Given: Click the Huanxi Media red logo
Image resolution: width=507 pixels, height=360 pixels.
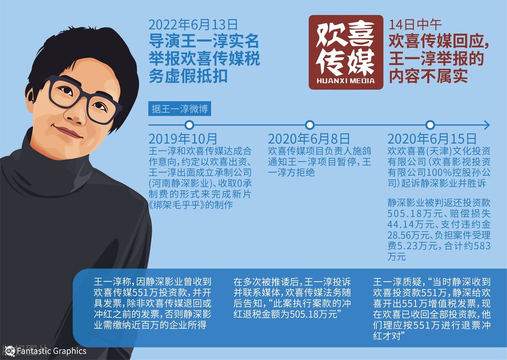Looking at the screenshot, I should (x=346, y=52).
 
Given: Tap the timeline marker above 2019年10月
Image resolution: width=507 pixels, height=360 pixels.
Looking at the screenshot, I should (x=190, y=125).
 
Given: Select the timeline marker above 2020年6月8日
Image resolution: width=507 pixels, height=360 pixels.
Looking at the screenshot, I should (x=310, y=125).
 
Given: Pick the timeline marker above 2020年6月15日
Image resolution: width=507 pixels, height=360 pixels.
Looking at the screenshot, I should (x=430, y=125).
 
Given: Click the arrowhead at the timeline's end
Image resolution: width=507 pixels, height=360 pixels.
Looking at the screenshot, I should (x=487, y=125).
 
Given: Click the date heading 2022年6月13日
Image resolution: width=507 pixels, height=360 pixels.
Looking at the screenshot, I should (x=193, y=25).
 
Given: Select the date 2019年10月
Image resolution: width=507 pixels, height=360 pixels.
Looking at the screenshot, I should (x=183, y=139).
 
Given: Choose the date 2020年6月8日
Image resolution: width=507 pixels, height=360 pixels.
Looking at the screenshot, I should (x=309, y=139).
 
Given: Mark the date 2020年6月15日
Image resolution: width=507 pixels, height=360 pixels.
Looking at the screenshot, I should (x=432, y=139).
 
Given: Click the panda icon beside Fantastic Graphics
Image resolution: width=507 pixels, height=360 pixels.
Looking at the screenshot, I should (x=10, y=351).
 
